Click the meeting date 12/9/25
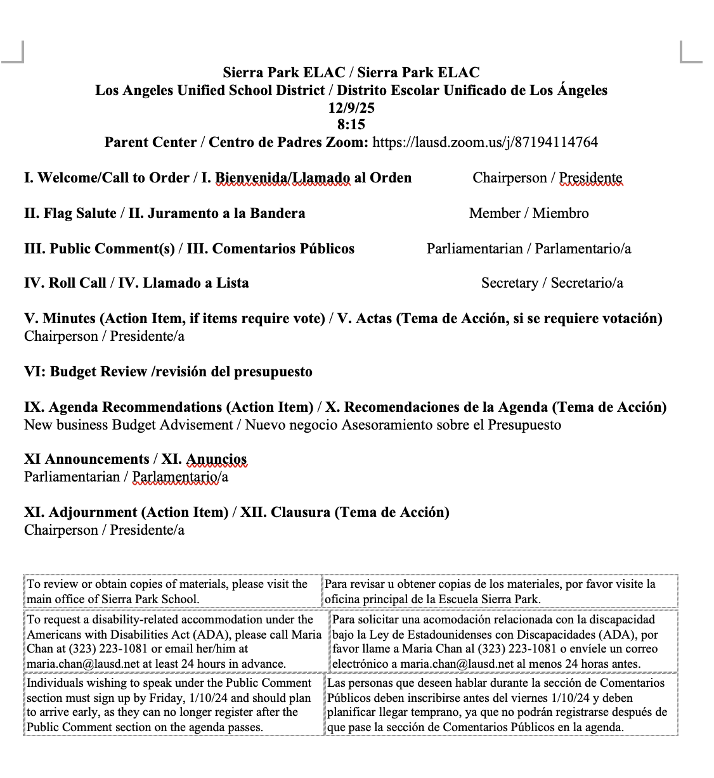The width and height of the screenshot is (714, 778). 351,108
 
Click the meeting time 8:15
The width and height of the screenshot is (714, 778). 351,125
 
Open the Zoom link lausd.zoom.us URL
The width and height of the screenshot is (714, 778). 485,142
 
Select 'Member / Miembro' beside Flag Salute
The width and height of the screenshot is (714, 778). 528,214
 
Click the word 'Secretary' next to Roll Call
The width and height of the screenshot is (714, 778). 509,283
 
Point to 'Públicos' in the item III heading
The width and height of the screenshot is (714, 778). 324,249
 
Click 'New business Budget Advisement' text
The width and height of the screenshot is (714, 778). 128,425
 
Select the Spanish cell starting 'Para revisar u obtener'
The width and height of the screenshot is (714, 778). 498,591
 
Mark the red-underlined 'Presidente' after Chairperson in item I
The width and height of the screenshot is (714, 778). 590,178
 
